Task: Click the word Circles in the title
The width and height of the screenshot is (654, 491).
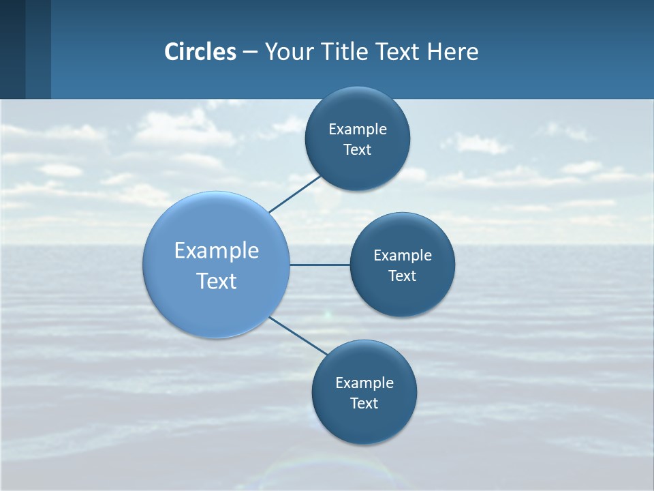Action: pyautogui.click(x=200, y=52)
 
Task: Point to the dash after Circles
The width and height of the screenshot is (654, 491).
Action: pyautogui.click(x=250, y=53)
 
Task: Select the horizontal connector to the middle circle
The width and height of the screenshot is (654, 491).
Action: pyautogui.click(x=320, y=265)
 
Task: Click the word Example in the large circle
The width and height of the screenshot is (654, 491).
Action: pyautogui.click(x=217, y=251)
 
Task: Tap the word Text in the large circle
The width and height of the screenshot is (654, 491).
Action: pyautogui.click(x=217, y=281)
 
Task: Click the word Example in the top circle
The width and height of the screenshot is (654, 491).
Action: pyautogui.click(x=358, y=130)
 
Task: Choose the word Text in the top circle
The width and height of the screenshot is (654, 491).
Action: pyautogui.click(x=358, y=150)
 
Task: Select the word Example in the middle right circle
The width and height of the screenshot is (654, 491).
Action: pyautogui.click(x=403, y=256)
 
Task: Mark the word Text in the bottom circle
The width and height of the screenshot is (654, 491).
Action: pyautogui.click(x=364, y=404)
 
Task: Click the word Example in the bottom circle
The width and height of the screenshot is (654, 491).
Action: pyautogui.click(x=364, y=383)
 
